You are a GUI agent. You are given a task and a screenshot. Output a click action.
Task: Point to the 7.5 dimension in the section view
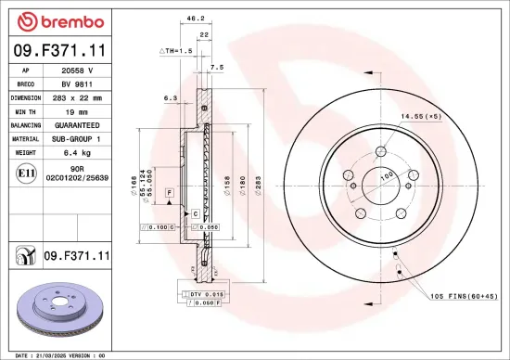pos(217,67)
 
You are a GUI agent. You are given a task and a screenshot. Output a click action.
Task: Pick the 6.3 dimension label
pos(169,96)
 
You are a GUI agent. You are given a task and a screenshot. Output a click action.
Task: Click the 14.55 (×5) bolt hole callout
pos(420,116)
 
